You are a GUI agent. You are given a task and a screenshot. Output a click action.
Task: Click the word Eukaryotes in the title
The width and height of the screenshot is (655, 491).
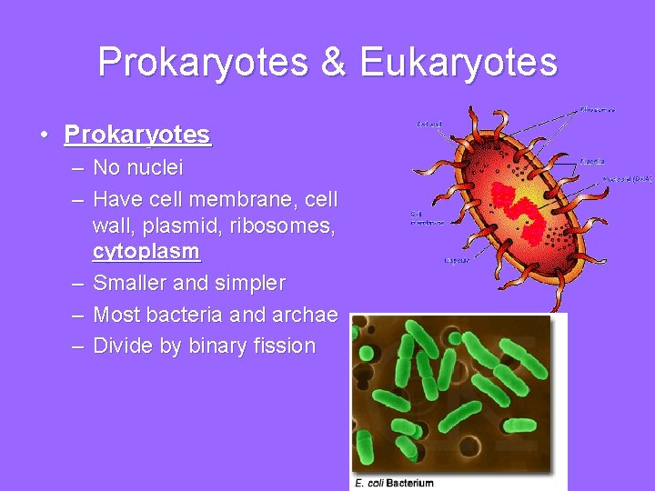458,63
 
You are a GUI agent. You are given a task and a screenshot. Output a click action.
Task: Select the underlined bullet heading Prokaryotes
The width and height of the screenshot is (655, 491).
137,135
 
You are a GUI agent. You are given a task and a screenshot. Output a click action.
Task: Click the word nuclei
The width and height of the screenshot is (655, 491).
155,167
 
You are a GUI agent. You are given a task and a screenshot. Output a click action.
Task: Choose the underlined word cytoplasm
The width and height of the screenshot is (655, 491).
146,251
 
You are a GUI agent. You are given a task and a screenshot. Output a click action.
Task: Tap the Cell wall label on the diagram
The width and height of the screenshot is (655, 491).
429,123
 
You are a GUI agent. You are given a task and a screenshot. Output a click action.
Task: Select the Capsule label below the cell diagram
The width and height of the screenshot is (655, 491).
456,260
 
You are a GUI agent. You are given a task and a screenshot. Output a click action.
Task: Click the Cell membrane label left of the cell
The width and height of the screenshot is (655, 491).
426,217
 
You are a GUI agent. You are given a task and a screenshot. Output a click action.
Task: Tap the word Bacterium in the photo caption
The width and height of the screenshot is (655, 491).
409,482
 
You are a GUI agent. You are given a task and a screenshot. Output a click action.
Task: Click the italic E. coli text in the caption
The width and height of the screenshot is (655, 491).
368,482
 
